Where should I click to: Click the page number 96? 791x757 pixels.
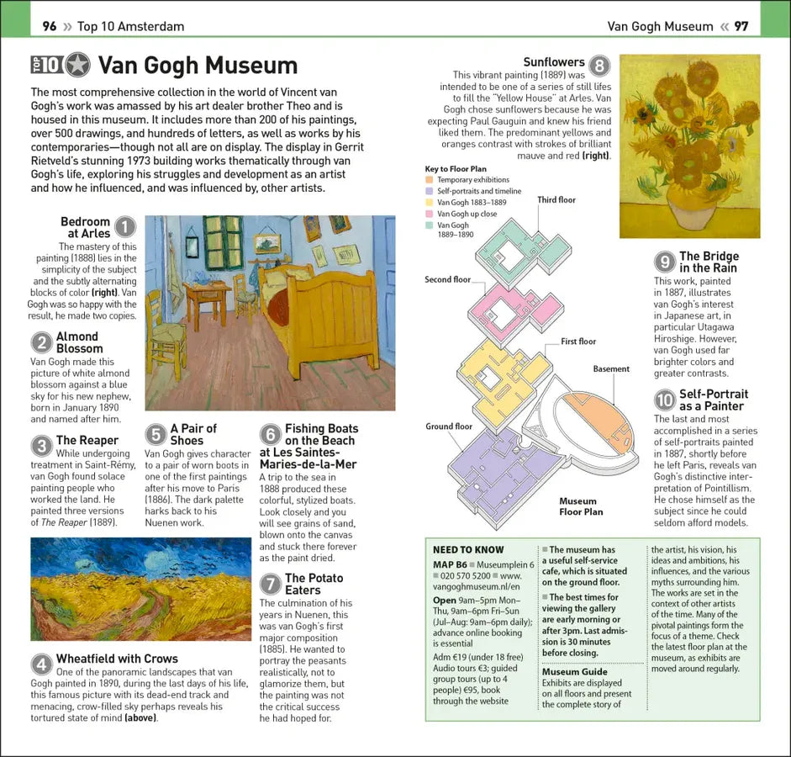coord(50,26)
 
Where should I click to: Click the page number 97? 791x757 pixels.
coord(741,26)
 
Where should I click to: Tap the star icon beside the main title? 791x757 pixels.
coord(78,65)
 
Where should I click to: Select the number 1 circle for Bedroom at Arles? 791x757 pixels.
coord(124,227)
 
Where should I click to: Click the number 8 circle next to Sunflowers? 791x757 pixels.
coord(599,66)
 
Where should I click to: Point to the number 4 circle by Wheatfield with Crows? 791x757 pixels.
coord(42,664)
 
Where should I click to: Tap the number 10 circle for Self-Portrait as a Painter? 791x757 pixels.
coord(665,400)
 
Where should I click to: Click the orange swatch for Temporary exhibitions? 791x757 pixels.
coord(430,180)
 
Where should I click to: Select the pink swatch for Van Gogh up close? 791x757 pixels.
coord(430,214)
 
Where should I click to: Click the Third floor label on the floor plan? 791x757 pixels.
coord(556,200)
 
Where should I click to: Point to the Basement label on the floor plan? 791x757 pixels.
coord(611,368)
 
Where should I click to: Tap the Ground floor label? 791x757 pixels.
coord(449,426)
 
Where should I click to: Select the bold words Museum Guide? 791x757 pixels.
coord(574,672)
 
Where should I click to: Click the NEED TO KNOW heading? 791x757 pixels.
coord(468,550)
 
